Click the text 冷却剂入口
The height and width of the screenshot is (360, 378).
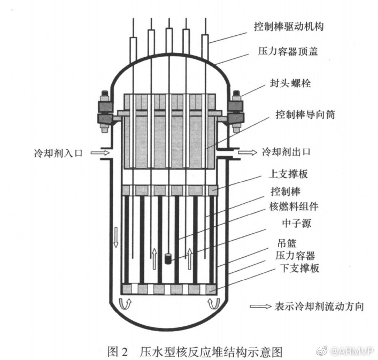58,154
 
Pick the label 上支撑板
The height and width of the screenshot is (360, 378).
288,174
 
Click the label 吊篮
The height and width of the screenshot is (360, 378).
284,243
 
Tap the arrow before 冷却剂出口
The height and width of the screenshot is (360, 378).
246,152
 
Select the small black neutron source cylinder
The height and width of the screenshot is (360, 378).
168,258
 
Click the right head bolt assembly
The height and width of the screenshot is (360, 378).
235,113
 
